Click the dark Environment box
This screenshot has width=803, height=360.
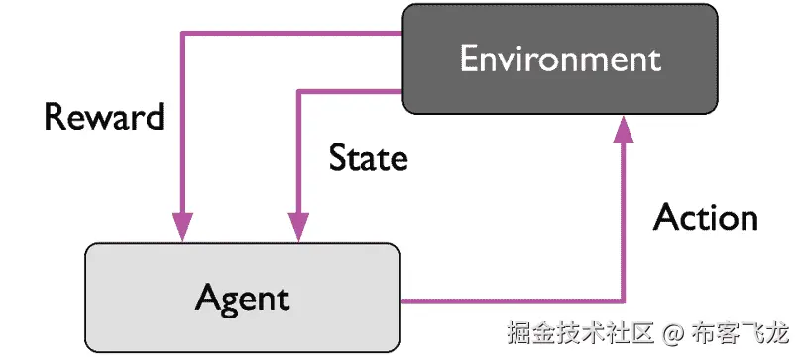[559, 60]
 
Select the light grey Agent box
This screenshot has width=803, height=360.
[242, 297]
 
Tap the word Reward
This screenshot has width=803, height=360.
[104, 117]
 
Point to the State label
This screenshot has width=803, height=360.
[368, 157]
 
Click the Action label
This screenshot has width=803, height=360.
[705, 218]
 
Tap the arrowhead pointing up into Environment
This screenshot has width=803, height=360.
[624, 127]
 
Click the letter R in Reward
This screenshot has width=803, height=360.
[55, 117]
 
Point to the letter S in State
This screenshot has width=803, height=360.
[338, 157]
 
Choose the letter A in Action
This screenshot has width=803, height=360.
[666, 218]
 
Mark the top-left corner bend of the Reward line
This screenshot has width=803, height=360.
[182, 33]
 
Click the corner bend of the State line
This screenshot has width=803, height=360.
[297, 91]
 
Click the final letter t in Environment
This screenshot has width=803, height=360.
[653, 60]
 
